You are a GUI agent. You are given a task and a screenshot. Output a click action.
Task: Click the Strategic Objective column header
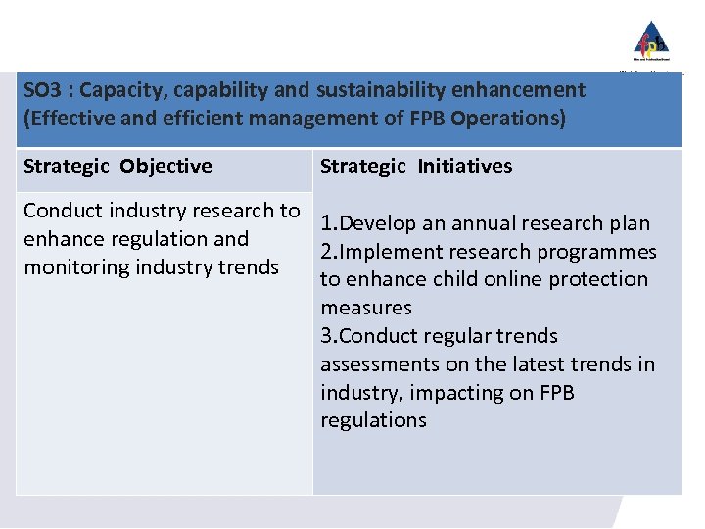[x=117, y=167]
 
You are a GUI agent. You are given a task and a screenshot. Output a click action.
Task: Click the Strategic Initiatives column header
[x=416, y=167]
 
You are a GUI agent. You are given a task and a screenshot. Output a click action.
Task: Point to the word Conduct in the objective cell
[x=61, y=211]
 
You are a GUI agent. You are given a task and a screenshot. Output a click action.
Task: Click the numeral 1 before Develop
[x=325, y=223]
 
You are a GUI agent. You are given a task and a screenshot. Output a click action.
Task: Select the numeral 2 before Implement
[x=325, y=252]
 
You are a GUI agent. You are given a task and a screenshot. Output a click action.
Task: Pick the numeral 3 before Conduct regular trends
[x=325, y=336]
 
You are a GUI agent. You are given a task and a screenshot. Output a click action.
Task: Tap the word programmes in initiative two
[x=598, y=252]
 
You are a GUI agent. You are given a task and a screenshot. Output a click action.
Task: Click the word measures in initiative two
[x=366, y=308]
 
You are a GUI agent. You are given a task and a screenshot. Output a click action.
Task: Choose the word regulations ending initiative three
[x=373, y=420]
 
